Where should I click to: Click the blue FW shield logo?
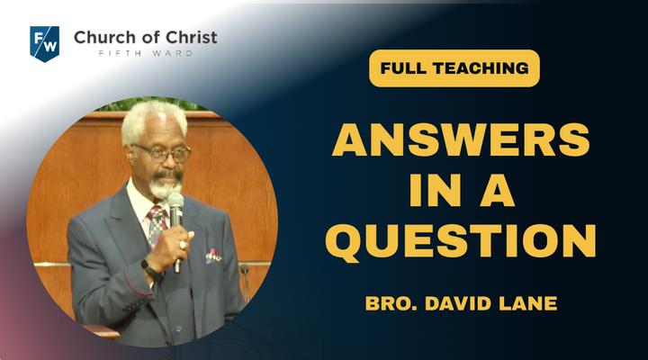point(45,43)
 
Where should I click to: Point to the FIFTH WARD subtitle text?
point(146,53)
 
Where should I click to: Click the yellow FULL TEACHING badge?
point(454,68)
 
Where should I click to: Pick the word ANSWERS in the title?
point(461,139)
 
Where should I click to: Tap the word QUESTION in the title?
point(461,240)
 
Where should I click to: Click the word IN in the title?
point(436,190)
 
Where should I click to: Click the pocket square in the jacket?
point(213,256)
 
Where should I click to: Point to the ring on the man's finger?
point(182,245)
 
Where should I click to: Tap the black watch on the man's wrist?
point(149,268)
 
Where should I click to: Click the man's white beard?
point(164,189)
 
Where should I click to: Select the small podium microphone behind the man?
point(246,281)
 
